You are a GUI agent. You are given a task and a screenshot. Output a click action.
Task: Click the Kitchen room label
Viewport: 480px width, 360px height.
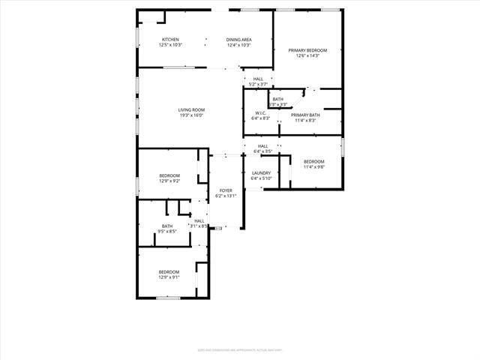click(170, 39)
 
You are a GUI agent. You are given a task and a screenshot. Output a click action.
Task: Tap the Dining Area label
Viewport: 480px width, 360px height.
click(238, 39)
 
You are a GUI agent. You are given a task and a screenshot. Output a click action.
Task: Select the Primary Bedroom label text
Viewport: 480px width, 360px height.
click(308, 50)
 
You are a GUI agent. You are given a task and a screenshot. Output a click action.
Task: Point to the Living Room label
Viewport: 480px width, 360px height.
click(191, 109)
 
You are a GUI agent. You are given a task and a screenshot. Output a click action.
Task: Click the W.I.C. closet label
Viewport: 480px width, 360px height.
click(261, 113)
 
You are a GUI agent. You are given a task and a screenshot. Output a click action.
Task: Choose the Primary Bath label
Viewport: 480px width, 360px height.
click(305, 115)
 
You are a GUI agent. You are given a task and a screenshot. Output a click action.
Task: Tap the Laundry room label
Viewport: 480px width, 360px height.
click(261, 173)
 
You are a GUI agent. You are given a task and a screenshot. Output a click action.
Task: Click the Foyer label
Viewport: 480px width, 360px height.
click(226, 190)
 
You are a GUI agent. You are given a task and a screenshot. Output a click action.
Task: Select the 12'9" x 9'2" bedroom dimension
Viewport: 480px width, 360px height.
click(169, 181)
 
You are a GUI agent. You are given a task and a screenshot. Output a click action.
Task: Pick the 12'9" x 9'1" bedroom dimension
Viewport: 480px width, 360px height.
click(169, 277)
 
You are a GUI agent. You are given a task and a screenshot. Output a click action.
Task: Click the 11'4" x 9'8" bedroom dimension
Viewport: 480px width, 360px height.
click(313, 167)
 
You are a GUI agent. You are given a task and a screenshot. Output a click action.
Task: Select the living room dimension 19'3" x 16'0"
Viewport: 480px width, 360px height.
click(191, 115)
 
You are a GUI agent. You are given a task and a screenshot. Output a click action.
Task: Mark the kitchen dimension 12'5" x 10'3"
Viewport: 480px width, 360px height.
click(170, 45)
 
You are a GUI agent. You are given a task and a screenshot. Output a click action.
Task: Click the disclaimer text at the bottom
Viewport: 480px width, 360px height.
click(239, 349)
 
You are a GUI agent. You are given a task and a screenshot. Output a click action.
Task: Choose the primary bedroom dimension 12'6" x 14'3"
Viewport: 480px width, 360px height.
click(308, 55)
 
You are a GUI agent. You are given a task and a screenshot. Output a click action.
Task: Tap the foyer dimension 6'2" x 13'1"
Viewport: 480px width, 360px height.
click(226, 196)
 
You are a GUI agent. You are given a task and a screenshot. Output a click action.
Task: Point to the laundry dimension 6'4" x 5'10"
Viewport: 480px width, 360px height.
click(261, 178)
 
